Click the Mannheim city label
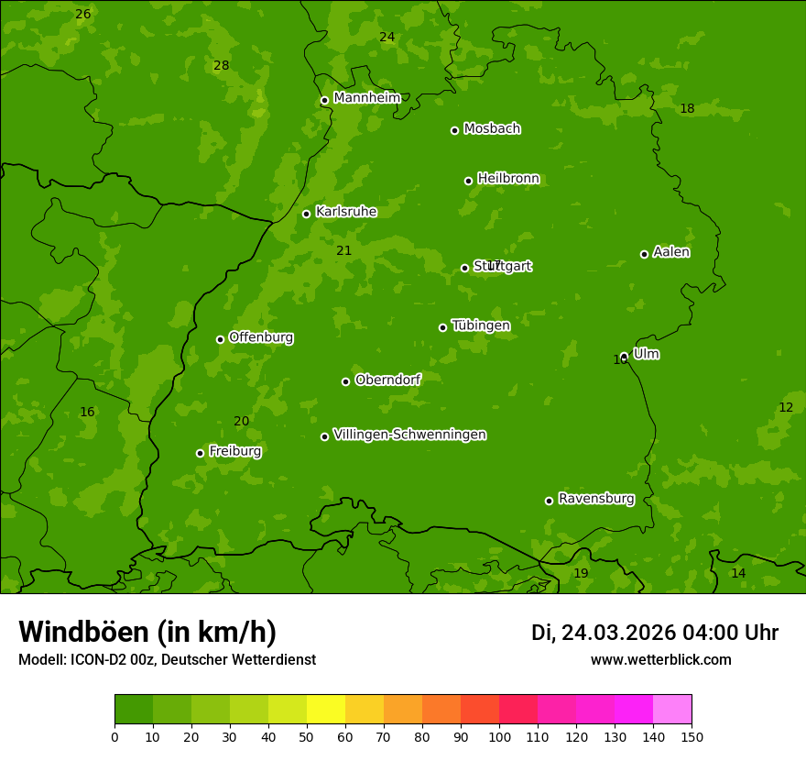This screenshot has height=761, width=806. click(367, 98)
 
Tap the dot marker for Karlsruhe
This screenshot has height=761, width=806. click(306, 214)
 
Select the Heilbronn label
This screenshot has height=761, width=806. click(508, 179)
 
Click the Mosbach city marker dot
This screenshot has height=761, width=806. click(454, 130)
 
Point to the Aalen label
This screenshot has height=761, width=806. click(671, 252)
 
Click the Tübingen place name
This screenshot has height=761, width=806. click(481, 325)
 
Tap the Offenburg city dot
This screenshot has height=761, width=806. click(220, 339)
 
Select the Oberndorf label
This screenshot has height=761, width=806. click(387, 380)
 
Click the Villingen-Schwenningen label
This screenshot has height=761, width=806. click(409, 435)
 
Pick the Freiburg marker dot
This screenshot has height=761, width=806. click(200, 453)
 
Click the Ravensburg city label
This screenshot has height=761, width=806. click(596, 499)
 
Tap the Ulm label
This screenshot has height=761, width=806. click(646, 354)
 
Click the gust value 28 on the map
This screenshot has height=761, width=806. click(221, 65)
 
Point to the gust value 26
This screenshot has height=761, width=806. click(82, 14)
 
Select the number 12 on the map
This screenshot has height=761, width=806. click(786, 407)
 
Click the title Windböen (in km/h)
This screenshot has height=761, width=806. click(147, 632)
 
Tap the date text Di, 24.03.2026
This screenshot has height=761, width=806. click(604, 633)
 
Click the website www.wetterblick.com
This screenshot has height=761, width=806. click(660, 659)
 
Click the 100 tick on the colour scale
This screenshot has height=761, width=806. click(499, 736)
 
